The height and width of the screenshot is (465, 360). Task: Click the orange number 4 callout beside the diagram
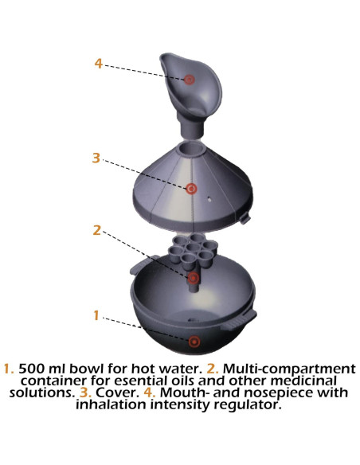pos(99,64)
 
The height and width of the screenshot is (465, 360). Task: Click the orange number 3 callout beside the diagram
pos(96,158)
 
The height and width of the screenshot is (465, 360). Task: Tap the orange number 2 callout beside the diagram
pos(96,230)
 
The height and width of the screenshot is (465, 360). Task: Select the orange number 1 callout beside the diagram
pos(96,315)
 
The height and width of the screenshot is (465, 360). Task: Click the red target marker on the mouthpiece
pos(189,80)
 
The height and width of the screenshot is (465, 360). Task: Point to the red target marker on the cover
pos(191,189)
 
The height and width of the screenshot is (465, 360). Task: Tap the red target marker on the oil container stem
pos(194,278)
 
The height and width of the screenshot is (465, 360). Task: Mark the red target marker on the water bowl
pos(194,342)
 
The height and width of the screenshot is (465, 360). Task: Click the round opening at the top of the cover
pos(192,148)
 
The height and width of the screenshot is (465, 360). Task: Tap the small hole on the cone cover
pos(209,199)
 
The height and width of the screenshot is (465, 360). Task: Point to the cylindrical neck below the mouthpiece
pos(191,126)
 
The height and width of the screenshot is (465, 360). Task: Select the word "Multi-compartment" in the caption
pos(289,369)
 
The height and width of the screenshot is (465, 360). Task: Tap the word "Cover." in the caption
pos(117,393)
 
